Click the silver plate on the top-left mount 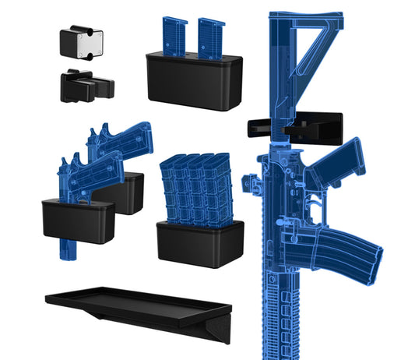coord(82,43)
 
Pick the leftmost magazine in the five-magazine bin coord(171,191)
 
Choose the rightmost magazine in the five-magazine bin coord(222,187)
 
